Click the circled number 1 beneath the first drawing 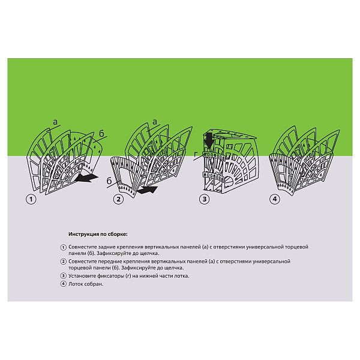(x=31, y=199)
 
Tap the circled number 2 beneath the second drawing (x=118, y=199)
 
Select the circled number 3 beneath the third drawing (x=205, y=199)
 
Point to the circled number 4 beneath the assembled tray (x=275, y=199)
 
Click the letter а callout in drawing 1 (x=55, y=122)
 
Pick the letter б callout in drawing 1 (x=101, y=133)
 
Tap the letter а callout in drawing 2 (x=155, y=121)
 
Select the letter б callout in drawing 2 (x=109, y=181)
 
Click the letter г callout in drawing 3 (x=196, y=155)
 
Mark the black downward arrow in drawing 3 (x=209, y=140)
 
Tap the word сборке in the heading (x=118, y=235)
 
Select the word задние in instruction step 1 (x=107, y=247)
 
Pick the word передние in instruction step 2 (x=109, y=262)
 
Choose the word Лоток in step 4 (x=76, y=284)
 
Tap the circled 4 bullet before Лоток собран (x=64, y=284)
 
